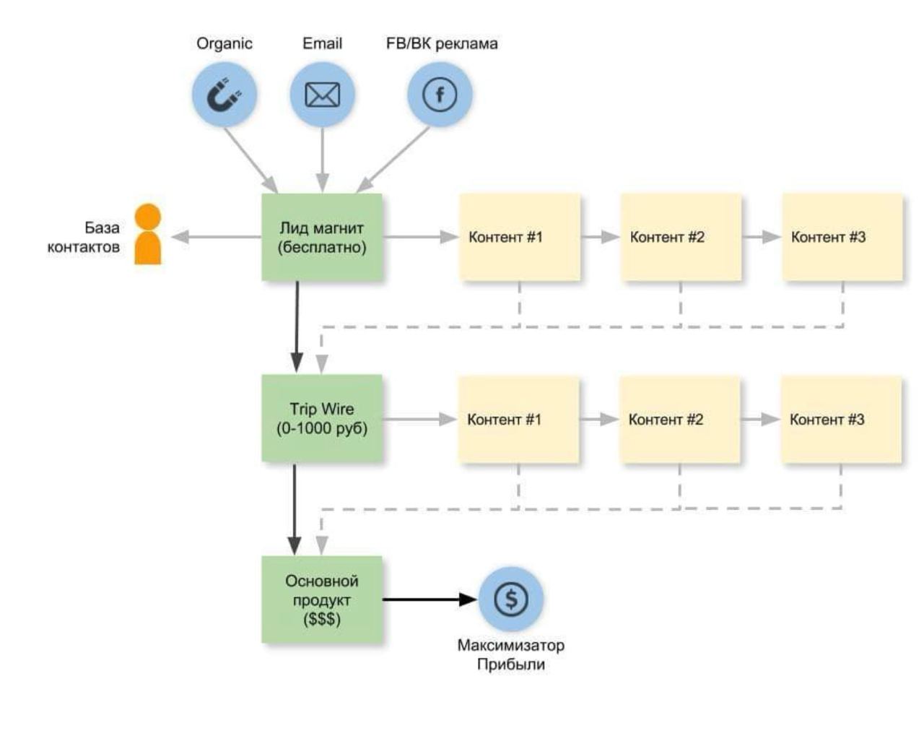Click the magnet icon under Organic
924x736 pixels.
[x=225, y=95]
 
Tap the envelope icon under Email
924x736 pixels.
[x=322, y=95]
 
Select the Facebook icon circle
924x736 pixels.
[x=440, y=95]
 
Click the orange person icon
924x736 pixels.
[x=148, y=235]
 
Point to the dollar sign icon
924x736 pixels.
[x=511, y=599]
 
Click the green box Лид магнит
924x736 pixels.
[x=322, y=237]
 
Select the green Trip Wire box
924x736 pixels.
[x=322, y=418]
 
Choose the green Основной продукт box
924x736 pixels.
[x=322, y=599]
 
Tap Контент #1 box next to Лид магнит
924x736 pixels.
[x=520, y=237]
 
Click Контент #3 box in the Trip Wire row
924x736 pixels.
[x=841, y=419]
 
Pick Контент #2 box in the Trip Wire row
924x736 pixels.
[x=679, y=419]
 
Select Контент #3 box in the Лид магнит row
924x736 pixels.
[x=842, y=237]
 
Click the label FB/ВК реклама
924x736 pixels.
[x=442, y=43]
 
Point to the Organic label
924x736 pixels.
[x=225, y=43]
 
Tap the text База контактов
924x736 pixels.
[x=85, y=237]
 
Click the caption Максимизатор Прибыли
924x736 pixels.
[x=510, y=654]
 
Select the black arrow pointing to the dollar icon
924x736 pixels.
[x=430, y=599]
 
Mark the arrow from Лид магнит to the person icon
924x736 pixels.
[x=217, y=237]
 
